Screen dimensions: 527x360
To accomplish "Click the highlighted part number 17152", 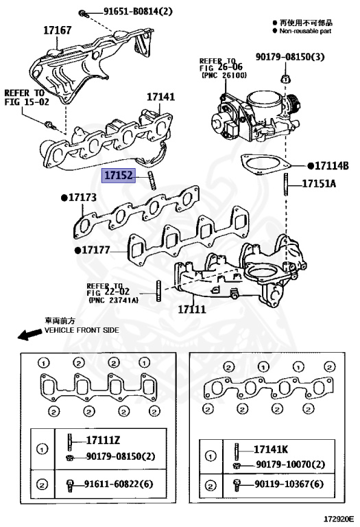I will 119,176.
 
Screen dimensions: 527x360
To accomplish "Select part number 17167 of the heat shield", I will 58,30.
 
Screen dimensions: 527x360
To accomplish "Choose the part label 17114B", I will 332,165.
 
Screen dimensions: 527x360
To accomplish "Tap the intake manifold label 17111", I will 192,310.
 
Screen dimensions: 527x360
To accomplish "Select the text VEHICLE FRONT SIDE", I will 82,330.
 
